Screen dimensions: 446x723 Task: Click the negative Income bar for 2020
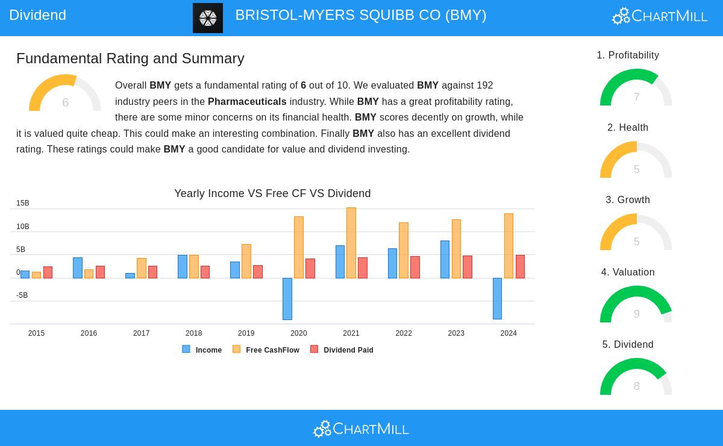[287, 298]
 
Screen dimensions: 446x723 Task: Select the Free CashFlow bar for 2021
[351, 243]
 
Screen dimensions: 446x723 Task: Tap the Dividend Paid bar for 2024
[520, 266]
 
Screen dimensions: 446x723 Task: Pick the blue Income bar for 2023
[445, 259]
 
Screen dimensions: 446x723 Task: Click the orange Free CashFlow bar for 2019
[246, 261]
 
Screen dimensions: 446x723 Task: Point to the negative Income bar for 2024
[497, 298]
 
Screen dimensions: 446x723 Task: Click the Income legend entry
[202, 350]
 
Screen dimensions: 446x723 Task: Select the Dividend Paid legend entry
[342, 350]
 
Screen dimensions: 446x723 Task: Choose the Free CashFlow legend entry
[266, 350]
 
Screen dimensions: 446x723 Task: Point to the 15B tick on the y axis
[23, 204]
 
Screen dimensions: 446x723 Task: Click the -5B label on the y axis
[22, 295]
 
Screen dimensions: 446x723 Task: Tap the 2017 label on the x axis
[141, 333]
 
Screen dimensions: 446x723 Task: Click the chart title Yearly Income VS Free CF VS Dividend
[272, 193]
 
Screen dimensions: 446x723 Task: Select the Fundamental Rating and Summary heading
[130, 58]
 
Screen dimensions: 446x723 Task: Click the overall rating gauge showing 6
[65, 93]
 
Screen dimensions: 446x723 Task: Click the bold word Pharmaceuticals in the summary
[247, 101]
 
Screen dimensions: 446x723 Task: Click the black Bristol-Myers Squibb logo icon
[208, 18]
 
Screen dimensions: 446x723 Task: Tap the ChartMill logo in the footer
[361, 429]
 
